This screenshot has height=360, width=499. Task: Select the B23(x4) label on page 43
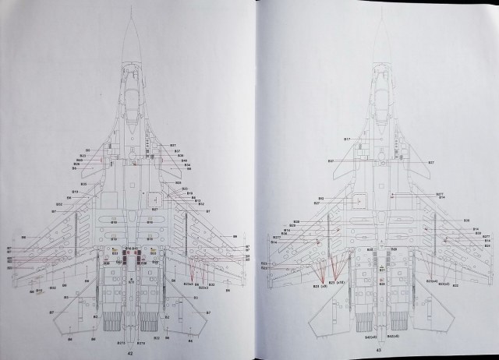(x=430, y=281)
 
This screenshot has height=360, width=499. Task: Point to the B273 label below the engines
(x=121, y=343)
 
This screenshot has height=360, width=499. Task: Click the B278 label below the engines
(x=141, y=343)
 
